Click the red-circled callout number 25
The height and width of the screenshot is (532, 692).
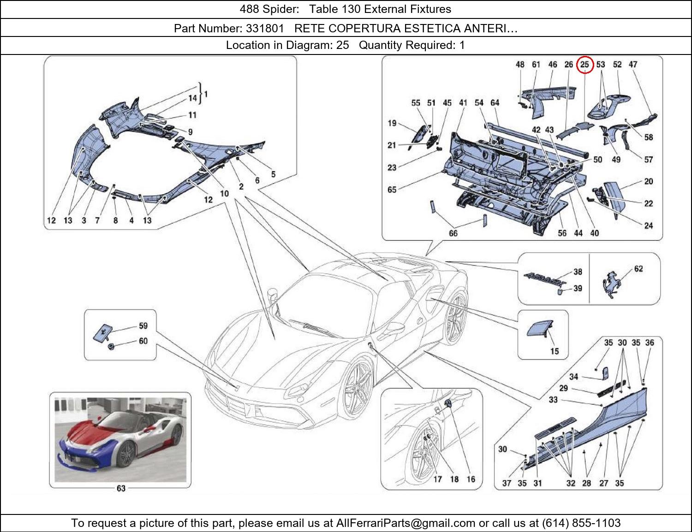585,65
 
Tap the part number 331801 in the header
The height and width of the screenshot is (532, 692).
265,29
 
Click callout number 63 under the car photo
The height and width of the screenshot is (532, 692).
121,488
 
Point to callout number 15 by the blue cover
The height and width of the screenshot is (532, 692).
554,351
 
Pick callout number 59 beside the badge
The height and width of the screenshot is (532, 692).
143,326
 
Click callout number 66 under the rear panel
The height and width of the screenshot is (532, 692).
453,234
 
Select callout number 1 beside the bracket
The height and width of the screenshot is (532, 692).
206,94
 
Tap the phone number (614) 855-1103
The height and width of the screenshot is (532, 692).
581,523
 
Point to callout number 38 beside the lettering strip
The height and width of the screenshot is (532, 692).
578,272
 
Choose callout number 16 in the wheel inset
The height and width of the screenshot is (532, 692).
471,479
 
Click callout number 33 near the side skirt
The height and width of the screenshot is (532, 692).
553,400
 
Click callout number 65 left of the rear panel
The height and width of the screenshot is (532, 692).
392,189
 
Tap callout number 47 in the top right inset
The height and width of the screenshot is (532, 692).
633,65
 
